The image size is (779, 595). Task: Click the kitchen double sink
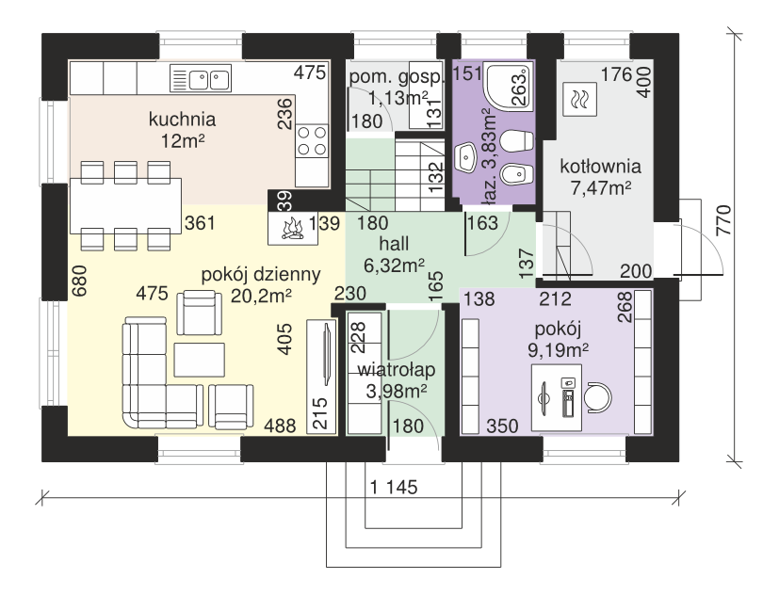[x=201, y=78]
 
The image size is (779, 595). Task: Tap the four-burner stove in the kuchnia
[x=312, y=141]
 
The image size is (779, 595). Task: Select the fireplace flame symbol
[x=293, y=229]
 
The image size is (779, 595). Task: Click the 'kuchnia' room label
[x=183, y=120]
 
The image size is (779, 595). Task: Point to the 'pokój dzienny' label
[x=261, y=275]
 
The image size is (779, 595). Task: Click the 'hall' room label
[x=394, y=244]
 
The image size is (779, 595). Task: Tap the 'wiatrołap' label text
[x=397, y=370]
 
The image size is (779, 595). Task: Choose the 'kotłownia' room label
[x=600, y=167]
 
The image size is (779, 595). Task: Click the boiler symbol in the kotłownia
[x=580, y=100]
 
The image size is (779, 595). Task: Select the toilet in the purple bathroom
[x=515, y=141]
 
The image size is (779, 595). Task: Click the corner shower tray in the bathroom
[x=508, y=86]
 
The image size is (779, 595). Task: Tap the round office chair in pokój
[x=597, y=398]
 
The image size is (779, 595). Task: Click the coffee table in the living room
[x=199, y=360]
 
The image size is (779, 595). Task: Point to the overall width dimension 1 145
[x=394, y=488]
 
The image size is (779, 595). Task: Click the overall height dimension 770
[x=725, y=220]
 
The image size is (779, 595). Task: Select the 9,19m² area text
[x=558, y=350]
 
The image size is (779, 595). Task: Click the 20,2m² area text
[x=261, y=296]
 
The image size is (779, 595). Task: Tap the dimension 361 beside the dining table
[x=200, y=223]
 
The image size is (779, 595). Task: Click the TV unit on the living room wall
[x=321, y=377]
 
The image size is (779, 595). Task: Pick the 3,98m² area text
[x=396, y=392]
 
